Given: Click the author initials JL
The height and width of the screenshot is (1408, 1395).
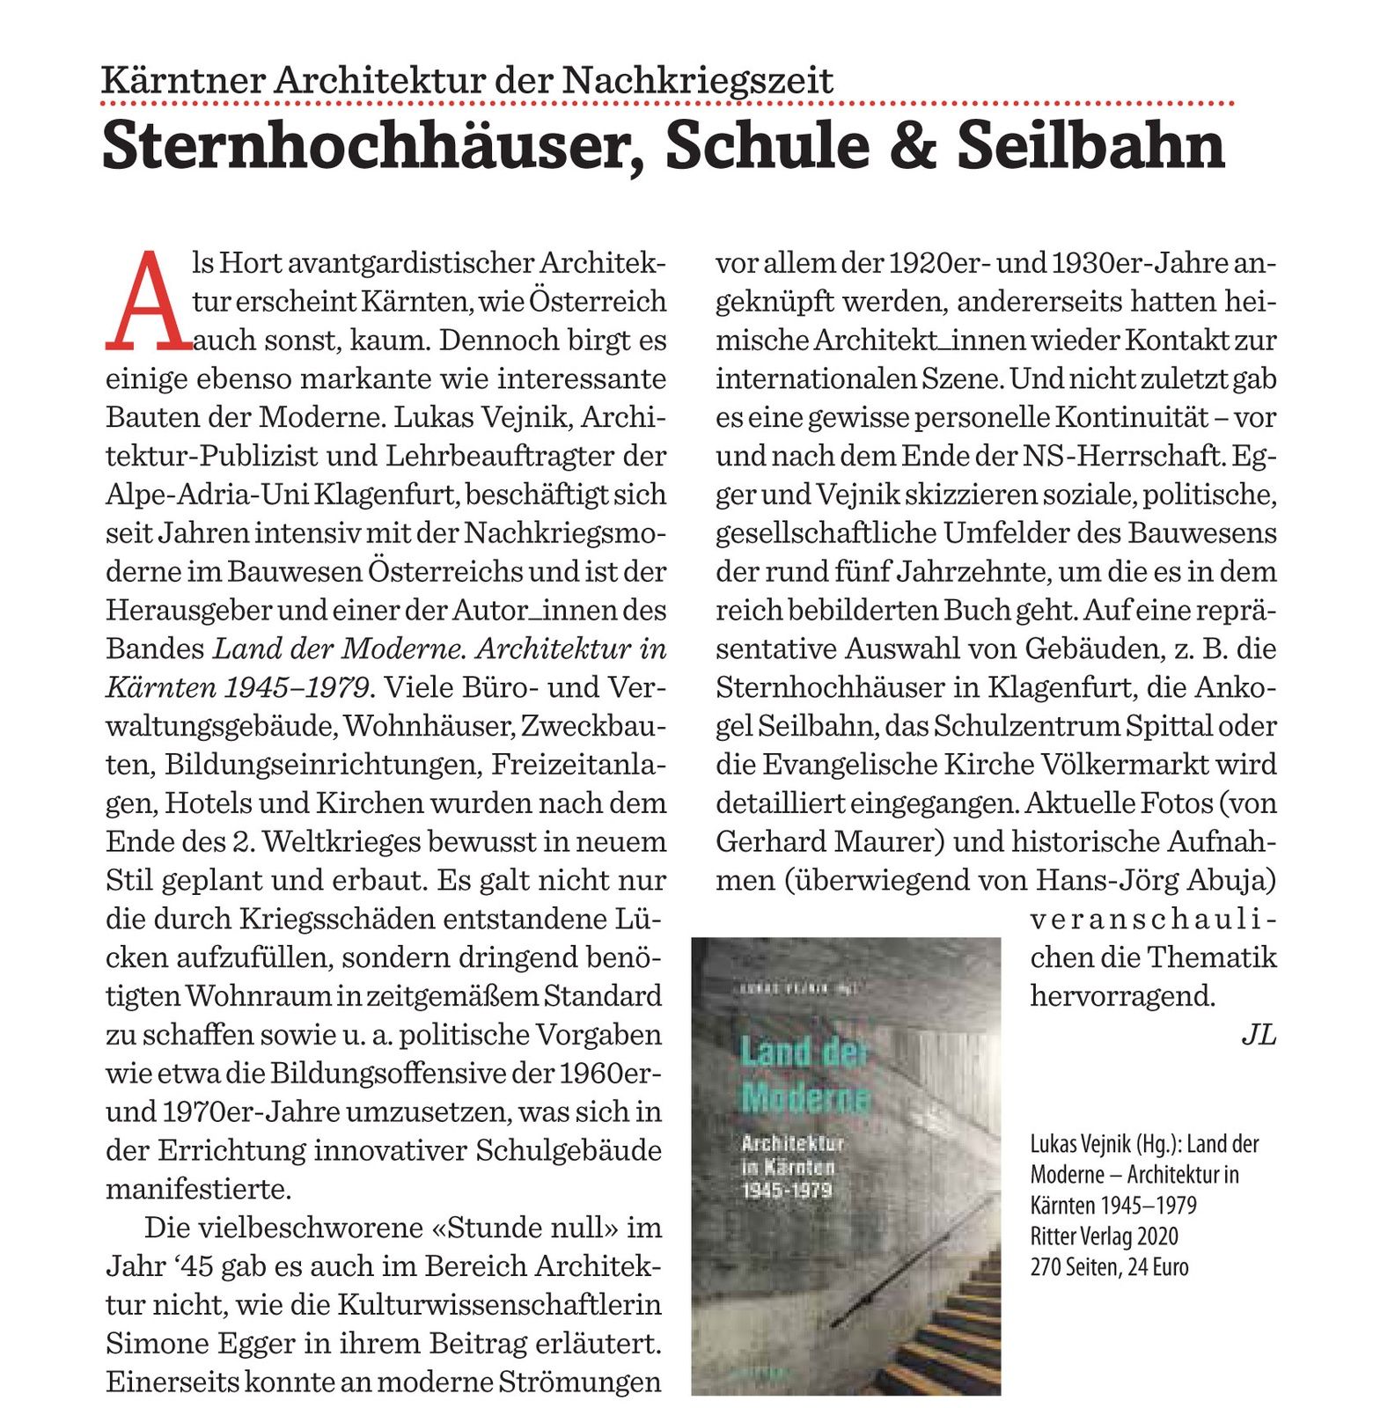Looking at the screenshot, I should click(x=1258, y=1035).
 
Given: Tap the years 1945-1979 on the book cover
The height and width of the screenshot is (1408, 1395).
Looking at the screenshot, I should click(x=787, y=1191).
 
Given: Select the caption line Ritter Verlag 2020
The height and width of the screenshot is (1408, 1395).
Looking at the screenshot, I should click(x=1104, y=1236).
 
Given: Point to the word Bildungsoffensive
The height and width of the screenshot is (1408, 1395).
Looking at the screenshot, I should click(x=395, y=1073).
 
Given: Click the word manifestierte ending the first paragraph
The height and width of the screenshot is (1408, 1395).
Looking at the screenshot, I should click(x=198, y=1189).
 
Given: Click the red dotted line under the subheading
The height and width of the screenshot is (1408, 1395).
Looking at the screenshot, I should click(x=666, y=104).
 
